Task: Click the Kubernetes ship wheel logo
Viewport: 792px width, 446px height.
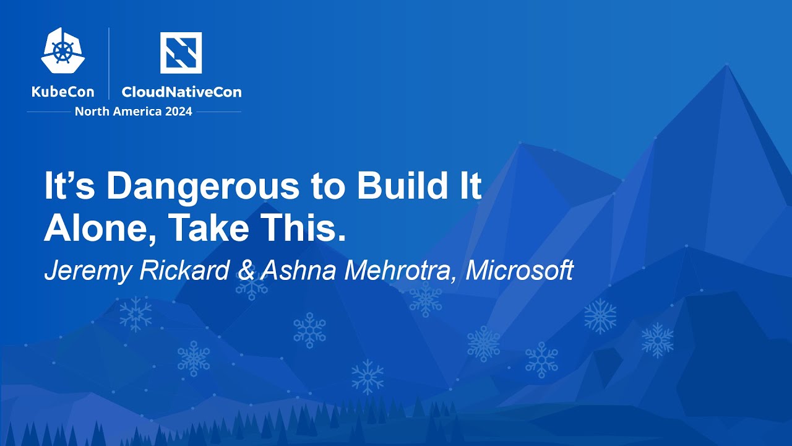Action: [x=63, y=51]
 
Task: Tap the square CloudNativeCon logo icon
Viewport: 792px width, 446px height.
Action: [x=181, y=53]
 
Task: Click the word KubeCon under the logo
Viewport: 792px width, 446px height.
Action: [x=63, y=92]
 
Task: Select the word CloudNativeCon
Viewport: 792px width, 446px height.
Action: [x=181, y=92]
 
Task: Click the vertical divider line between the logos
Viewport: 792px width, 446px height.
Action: [x=110, y=63]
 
